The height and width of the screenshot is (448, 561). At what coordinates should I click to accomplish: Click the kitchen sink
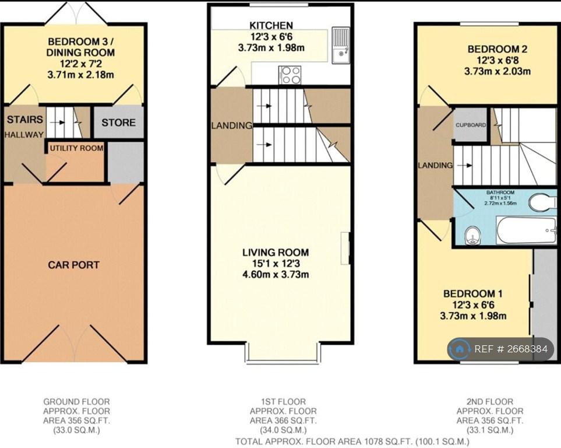[x=341, y=45]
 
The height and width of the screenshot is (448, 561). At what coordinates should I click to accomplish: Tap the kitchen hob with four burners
[x=290, y=75]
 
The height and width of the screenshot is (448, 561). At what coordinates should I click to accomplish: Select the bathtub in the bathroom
[x=526, y=230]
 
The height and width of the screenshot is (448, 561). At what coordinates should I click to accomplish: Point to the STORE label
[x=118, y=123]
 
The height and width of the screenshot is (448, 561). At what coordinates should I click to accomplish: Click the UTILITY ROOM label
[x=76, y=148]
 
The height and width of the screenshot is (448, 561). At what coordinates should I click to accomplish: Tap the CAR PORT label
[x=74, y=265]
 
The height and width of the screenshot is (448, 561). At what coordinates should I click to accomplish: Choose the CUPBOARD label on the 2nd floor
[x=471, y=125]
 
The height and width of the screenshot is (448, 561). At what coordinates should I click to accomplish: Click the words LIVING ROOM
[x=276, y=253]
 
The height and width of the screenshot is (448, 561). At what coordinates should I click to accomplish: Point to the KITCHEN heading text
[x=271, y=26]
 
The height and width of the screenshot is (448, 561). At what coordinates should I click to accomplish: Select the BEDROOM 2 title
[x=498, y=49]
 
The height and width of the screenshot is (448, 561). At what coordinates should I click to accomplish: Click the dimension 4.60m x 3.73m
[x=276, y=275]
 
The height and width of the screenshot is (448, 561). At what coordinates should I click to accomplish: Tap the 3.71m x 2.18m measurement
[x=80, y=75]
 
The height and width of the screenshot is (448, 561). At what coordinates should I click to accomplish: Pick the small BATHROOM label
[x=500, y=192]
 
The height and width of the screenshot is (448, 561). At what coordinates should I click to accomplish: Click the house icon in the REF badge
[x=460, y=349]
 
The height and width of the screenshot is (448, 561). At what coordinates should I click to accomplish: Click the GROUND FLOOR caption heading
[x=76, y=402]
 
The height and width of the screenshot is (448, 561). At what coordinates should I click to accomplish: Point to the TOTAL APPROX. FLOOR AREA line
[x=352, y=441]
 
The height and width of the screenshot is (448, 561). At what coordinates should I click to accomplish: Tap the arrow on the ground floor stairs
[x=57, y=123]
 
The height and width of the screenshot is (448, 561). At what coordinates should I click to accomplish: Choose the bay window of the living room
[x=282, y=353]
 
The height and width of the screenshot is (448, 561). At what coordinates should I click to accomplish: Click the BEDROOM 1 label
[x=472, y=294]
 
